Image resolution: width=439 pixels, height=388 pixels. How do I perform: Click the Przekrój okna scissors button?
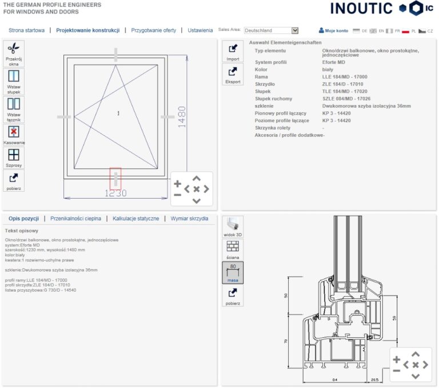click(14, 54)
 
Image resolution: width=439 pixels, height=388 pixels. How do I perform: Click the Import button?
click(233, 52)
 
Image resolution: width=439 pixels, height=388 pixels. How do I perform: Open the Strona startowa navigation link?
click(26, 30)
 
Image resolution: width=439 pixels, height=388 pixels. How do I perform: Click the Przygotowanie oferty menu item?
click(153, 30)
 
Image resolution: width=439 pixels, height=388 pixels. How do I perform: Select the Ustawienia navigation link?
click(200, 30)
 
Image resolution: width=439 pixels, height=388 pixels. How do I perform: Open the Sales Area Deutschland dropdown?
click(271, 30)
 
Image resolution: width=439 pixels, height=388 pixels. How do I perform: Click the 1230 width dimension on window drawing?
click(115, 193)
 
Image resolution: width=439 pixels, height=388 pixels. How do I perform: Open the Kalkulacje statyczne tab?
click(135, 219)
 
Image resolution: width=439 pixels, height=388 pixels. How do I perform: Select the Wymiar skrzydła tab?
click(189, 219)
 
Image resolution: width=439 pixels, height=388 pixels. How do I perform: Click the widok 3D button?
click(233, 227)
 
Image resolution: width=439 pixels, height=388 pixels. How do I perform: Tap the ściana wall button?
click(233, 249)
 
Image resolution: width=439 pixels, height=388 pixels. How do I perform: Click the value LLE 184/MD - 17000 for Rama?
click(345, 76)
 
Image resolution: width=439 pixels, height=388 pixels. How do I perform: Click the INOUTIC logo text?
click(361, 8)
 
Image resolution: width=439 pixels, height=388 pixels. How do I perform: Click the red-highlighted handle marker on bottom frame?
click(115, 179)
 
